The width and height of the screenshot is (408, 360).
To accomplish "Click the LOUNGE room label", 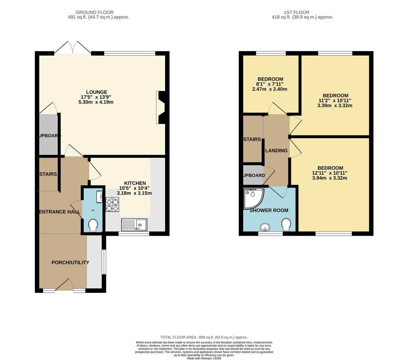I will pos(97,92).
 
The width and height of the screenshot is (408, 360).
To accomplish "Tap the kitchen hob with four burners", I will pos(112,205).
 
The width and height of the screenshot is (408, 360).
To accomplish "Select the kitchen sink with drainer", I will pos(134,225).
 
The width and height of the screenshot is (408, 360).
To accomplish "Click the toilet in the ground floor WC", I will pos(93,225).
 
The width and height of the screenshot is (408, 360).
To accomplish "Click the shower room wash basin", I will pos(265,227).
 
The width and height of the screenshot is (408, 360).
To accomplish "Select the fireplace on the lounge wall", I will pos(161,108).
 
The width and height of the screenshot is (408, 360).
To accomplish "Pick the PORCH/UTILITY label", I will pos(70,263).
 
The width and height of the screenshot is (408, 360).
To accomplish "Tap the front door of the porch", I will pos(63,285).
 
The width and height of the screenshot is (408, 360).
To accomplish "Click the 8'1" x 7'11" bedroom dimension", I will pos(270,84).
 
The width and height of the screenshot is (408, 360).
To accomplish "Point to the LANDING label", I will pos(276,151).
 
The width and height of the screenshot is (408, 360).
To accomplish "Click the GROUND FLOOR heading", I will pos(95,12).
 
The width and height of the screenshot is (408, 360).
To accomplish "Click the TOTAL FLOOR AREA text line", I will pos(204,337).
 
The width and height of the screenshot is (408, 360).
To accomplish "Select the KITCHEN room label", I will pos(135,183).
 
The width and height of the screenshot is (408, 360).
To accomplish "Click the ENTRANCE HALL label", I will pos(60,212).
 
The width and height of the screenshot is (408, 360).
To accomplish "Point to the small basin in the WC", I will pos(99,197).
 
